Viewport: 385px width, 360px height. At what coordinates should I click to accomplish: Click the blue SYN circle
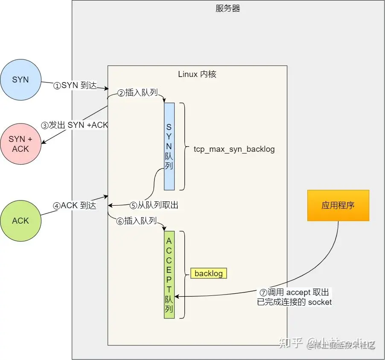click(x=20, y=80)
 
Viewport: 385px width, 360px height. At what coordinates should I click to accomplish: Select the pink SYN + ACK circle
click(x=20, y=144)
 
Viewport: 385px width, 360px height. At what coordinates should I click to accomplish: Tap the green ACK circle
click(x=20, y=221)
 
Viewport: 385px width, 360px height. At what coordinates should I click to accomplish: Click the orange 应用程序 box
click(x=338, y=206)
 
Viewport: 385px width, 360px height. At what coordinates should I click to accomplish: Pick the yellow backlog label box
click(x=209, y=273)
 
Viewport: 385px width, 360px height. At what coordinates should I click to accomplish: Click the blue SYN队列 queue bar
click(x=169, y=146)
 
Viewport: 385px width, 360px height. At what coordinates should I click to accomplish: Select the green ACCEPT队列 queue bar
click(x=169, y=274)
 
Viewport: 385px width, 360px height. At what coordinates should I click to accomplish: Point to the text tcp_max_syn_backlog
click(x=234, y=150)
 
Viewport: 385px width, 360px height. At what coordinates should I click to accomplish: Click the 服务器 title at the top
click(x=228, y=9)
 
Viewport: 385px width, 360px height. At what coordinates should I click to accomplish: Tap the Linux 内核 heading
click(x=197, y=74)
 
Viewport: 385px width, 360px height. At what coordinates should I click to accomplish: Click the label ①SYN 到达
click(x=75, y=85)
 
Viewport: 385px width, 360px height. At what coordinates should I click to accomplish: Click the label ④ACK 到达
click(x=75, y=206)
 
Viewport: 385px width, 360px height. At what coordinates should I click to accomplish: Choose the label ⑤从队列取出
click(x=154, y=205)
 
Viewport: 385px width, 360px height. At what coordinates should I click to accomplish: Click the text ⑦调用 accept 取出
click(x=295, y=292)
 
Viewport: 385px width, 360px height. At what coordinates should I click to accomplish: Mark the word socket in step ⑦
click(x=320, y=302)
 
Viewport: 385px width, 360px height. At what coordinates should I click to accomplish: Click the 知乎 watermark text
click(x=291, y=343)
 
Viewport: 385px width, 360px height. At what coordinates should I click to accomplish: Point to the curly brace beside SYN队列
click(x=182, y=146)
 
